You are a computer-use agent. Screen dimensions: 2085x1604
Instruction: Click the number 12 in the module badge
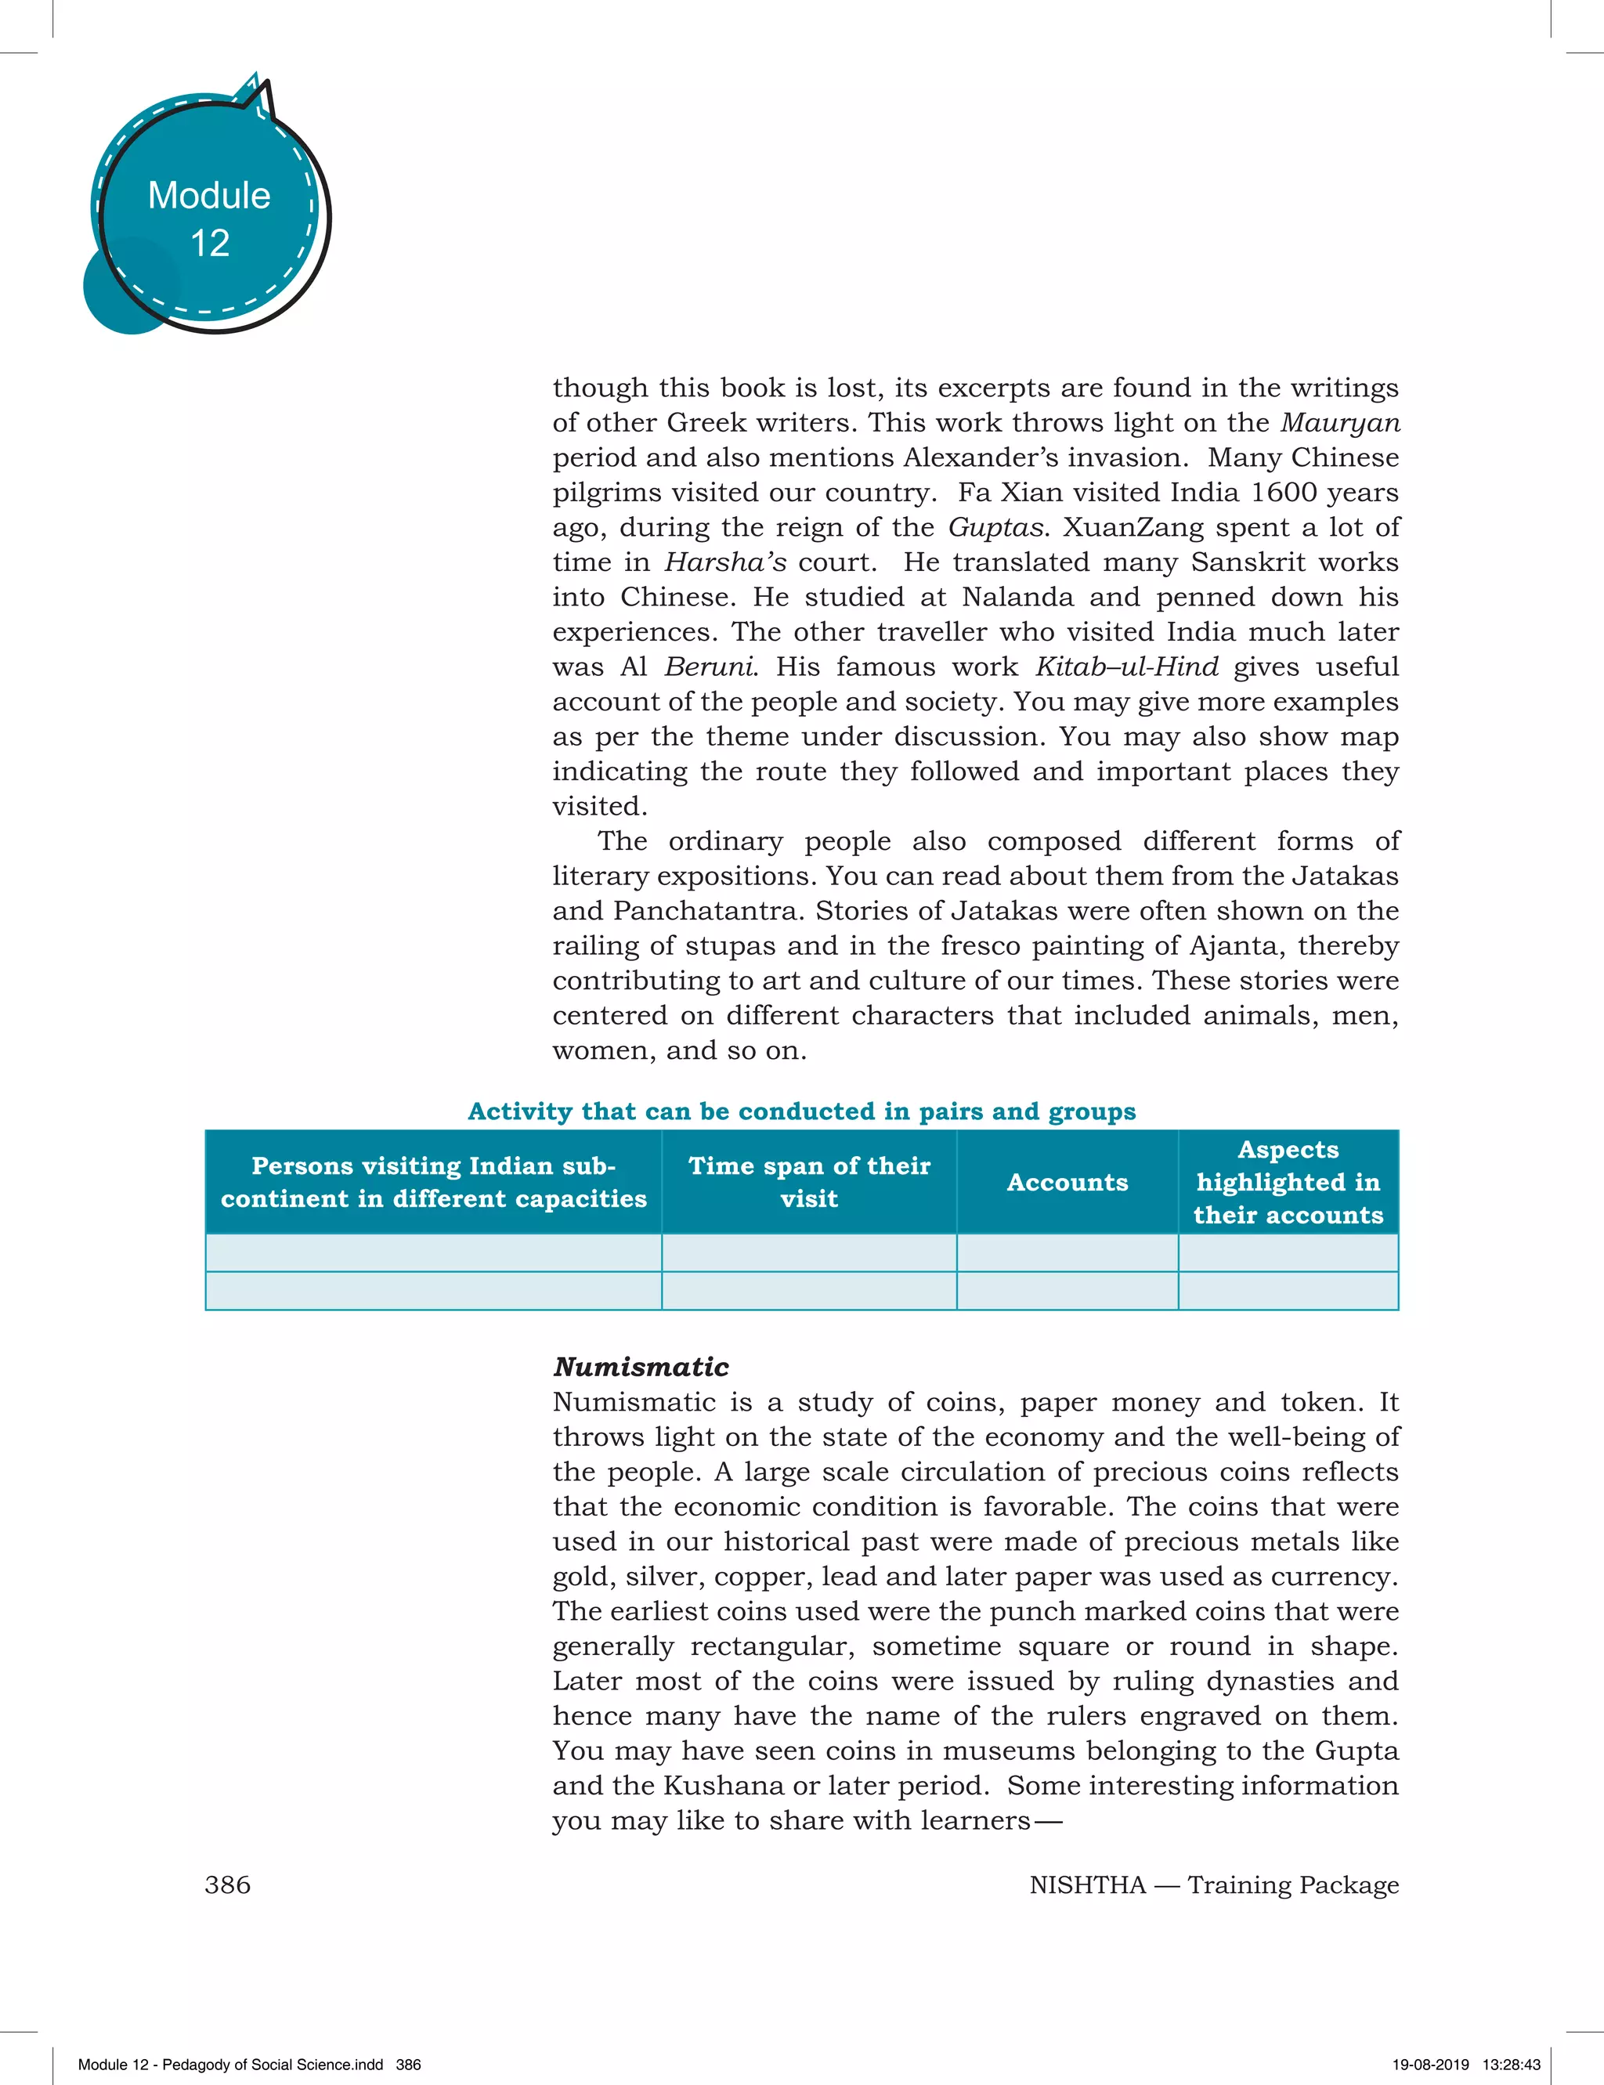point(210,244)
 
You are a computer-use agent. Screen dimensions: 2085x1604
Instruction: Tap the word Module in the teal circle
point(209,196)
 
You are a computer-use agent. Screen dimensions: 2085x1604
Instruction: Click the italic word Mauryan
point(1339,423)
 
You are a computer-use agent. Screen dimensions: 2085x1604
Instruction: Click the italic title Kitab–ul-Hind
point(1126,667)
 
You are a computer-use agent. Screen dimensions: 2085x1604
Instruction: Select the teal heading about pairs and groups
point(802,1111)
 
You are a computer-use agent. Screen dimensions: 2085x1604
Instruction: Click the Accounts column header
point(1068,1183)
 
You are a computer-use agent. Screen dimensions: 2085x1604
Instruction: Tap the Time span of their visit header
point(809,1183)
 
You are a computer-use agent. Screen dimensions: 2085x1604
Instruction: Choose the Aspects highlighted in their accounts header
point(1288,1183)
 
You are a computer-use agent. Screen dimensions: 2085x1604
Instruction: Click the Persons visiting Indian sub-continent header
point(433,1183)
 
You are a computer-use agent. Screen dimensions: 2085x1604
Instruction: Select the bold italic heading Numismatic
point(641,1367)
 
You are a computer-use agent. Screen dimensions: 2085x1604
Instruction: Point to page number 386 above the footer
point(227,1885)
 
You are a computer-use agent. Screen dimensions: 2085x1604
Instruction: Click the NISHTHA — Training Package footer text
point(1213,1885)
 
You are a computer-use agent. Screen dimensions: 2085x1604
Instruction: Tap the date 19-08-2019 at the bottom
point(1430,2065)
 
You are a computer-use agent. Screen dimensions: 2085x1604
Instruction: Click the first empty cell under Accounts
point(1068,1252)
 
